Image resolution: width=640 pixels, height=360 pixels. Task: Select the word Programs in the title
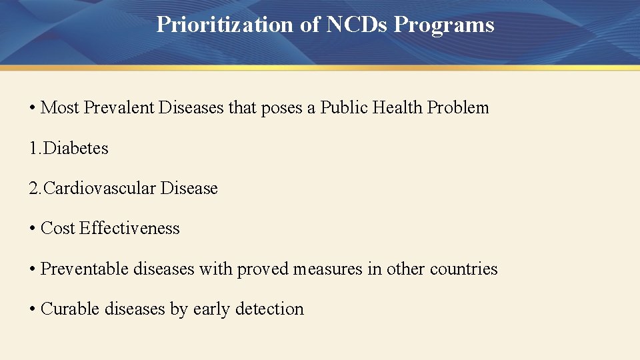click(444, 25)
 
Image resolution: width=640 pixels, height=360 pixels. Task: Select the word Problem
click(459, 108)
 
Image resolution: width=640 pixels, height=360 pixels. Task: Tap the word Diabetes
click(75, 148)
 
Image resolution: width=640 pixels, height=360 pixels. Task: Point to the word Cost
click(58, 229)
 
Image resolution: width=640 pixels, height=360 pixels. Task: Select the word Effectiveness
click(129, 229)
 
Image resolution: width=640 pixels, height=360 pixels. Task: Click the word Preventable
click(85, 269)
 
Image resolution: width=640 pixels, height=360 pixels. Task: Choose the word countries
click(464, 269)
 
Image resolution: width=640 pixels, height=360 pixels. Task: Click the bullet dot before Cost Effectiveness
click(32, 229)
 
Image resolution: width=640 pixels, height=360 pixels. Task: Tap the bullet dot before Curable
click(32, 309)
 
